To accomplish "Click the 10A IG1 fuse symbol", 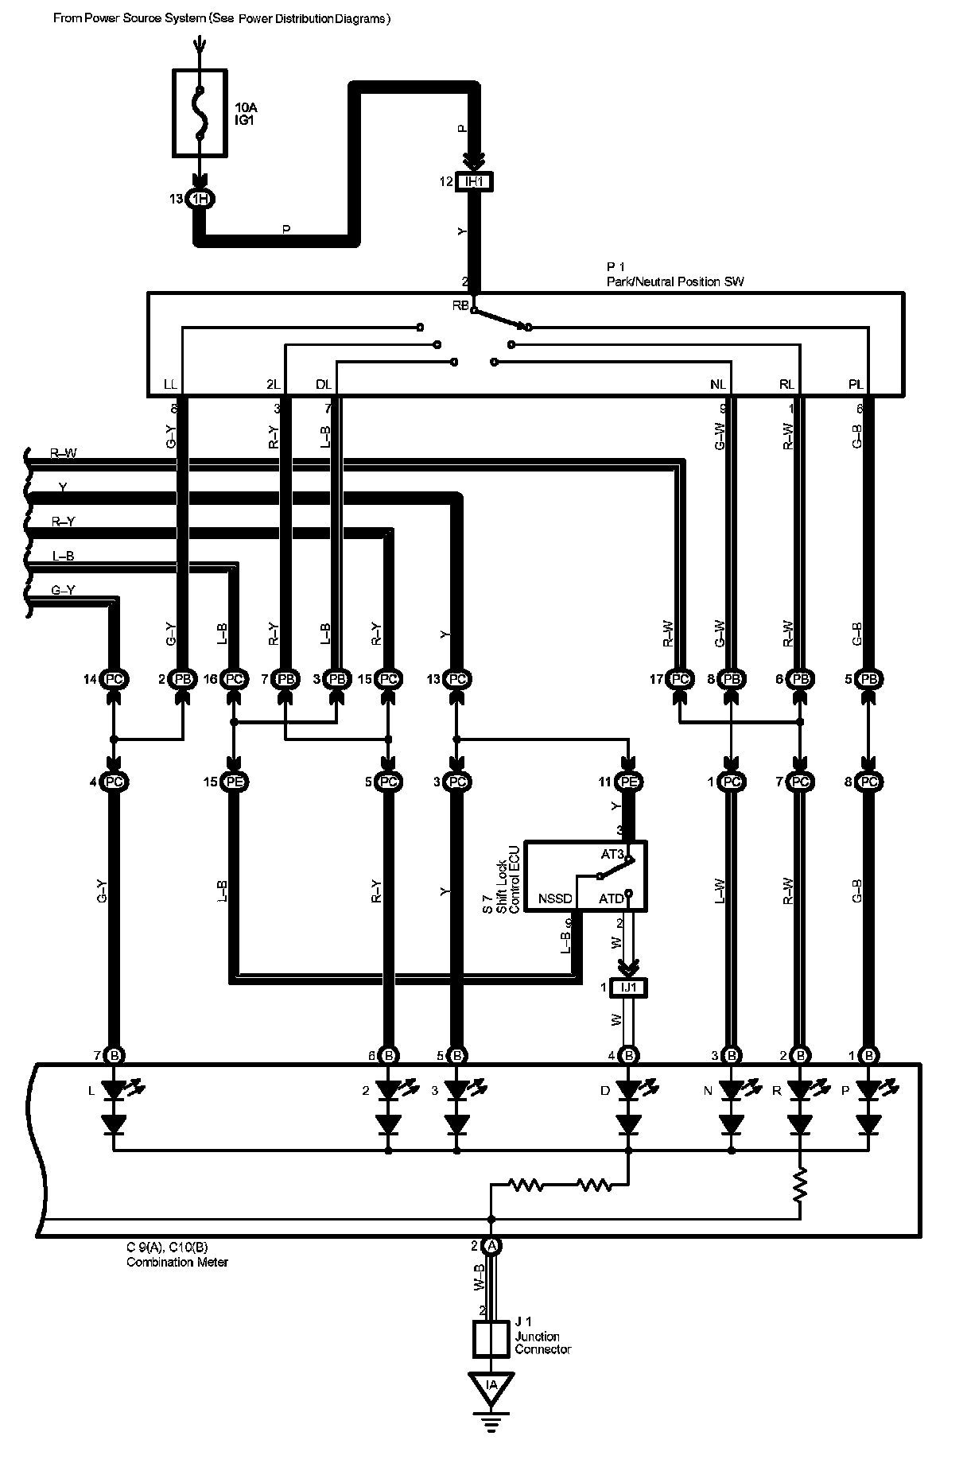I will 200,112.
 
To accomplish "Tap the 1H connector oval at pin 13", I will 200,199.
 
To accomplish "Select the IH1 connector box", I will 474,182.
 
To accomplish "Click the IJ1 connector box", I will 629,988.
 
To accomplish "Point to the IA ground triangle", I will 491,1386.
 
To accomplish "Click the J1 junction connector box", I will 491,1339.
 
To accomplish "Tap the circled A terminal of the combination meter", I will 491,1246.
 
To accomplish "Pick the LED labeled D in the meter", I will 629,1091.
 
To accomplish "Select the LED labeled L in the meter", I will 115,1091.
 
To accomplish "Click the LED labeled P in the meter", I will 868,1091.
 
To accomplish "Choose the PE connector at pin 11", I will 629,782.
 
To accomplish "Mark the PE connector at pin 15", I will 234,782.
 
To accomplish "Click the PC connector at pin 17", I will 679,679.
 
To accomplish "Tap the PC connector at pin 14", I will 115,679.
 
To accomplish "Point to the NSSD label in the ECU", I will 554,898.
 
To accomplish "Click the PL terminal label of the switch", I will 855,385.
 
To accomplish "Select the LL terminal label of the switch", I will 170,385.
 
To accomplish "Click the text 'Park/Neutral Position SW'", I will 674,281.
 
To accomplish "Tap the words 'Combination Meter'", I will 177,1262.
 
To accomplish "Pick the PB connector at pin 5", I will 868,679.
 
